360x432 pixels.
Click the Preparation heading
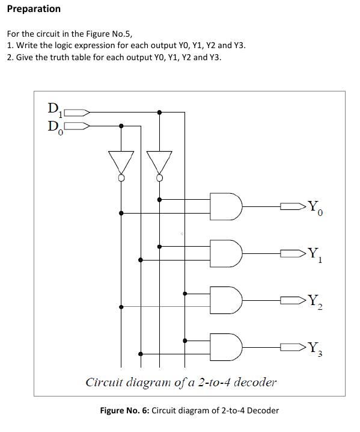tap(34, 8)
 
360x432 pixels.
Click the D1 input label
tap(53, 110)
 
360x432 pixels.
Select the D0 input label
tap(53, 126)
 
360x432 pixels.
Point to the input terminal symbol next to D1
tap(77, 112)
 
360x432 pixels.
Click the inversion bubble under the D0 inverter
tap(121, 178)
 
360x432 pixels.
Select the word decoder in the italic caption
tap(255, 382)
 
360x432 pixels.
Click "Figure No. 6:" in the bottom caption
tap(124, 411)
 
